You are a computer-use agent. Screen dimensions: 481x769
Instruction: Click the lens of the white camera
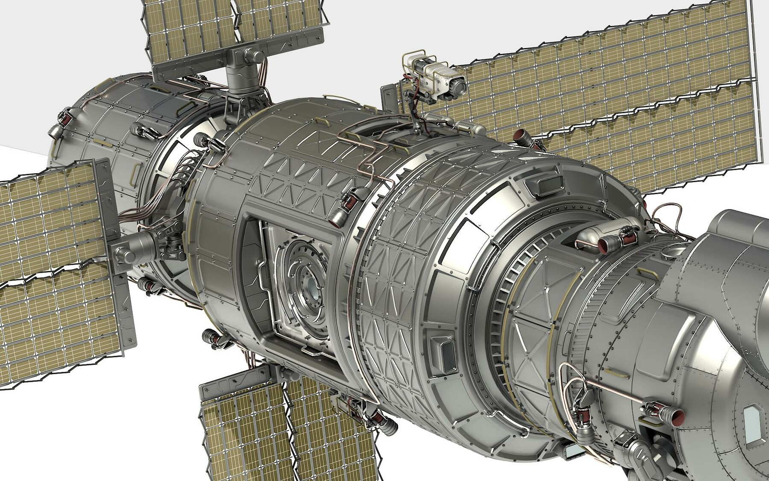pos(459,87)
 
